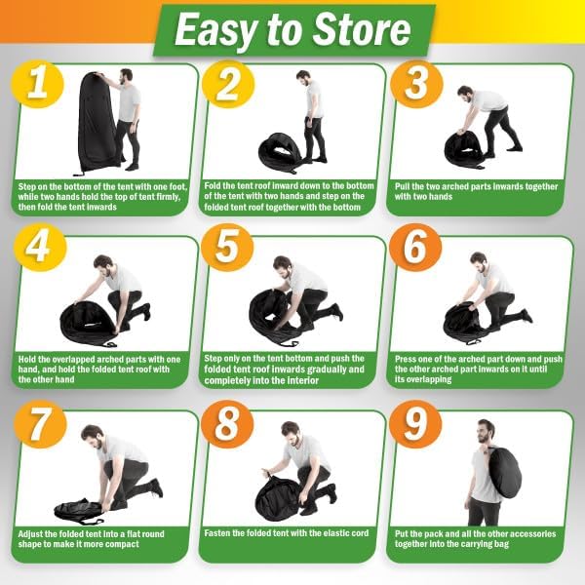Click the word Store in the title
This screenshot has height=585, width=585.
(362, 30)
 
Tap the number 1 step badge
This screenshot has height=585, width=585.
(38, 85)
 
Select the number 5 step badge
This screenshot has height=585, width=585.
(227, 247)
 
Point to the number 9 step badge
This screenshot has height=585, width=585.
(415, 424)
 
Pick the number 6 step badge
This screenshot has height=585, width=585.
(415, 247)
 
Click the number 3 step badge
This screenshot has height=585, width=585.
(416, 85)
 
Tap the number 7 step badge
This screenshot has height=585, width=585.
(40, 424)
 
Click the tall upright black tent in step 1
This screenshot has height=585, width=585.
(98, 121)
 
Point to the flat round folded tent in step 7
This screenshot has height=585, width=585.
(79, 511)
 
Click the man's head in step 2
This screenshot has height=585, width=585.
(303, 78)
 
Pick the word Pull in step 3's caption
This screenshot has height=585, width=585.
(403, 186)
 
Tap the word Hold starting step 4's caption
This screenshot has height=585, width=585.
(27, 359)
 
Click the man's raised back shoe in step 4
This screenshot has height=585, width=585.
(146, 311)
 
